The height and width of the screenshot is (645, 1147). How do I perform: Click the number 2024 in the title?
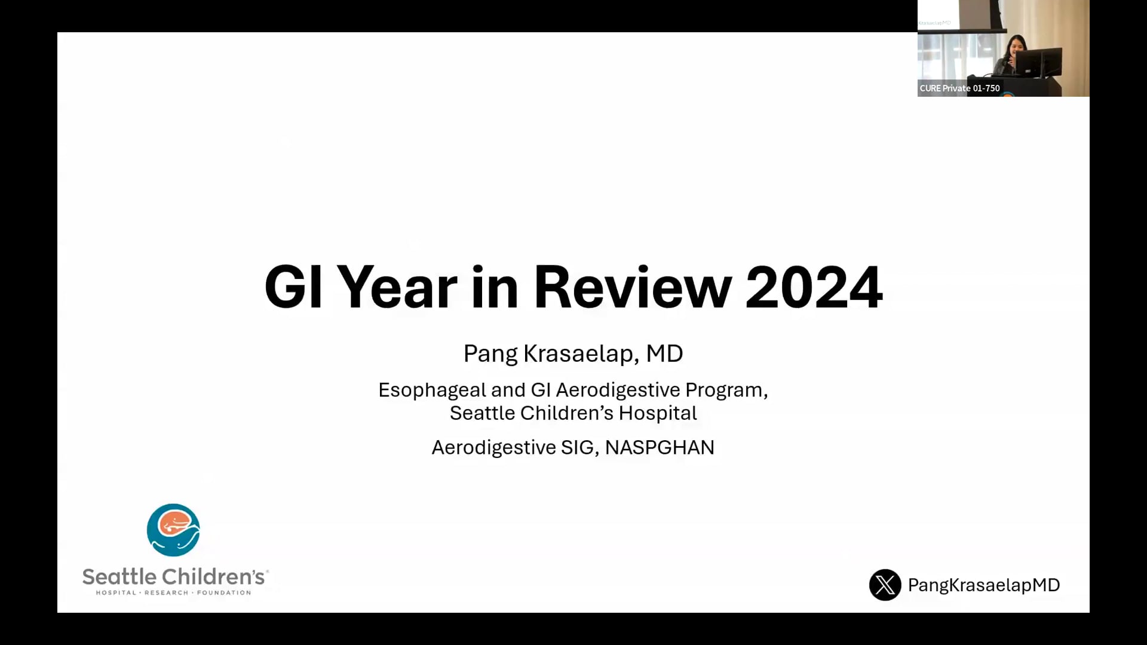click(814, 287)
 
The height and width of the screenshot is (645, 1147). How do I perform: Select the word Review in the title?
click(633, 287)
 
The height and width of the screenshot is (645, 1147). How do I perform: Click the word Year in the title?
click(397, 287)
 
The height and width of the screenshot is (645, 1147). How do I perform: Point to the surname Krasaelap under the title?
click(578, 354)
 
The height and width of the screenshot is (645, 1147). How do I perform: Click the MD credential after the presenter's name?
click(665, 354)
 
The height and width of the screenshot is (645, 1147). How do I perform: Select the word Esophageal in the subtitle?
click(433, 391)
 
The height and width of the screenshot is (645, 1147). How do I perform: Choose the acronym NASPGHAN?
click(660, 447)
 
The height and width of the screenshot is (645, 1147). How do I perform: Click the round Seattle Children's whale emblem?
click(173, 530)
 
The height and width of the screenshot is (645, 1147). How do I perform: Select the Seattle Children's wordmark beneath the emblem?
click(174, 576)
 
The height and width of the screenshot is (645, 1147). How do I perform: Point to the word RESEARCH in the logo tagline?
click(166, 592)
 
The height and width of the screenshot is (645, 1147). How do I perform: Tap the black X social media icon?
click(885, 585)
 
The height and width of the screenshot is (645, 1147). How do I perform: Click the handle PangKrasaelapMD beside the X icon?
click(984, 585)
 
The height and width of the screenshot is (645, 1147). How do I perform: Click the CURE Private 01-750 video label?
click(959, 88)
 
